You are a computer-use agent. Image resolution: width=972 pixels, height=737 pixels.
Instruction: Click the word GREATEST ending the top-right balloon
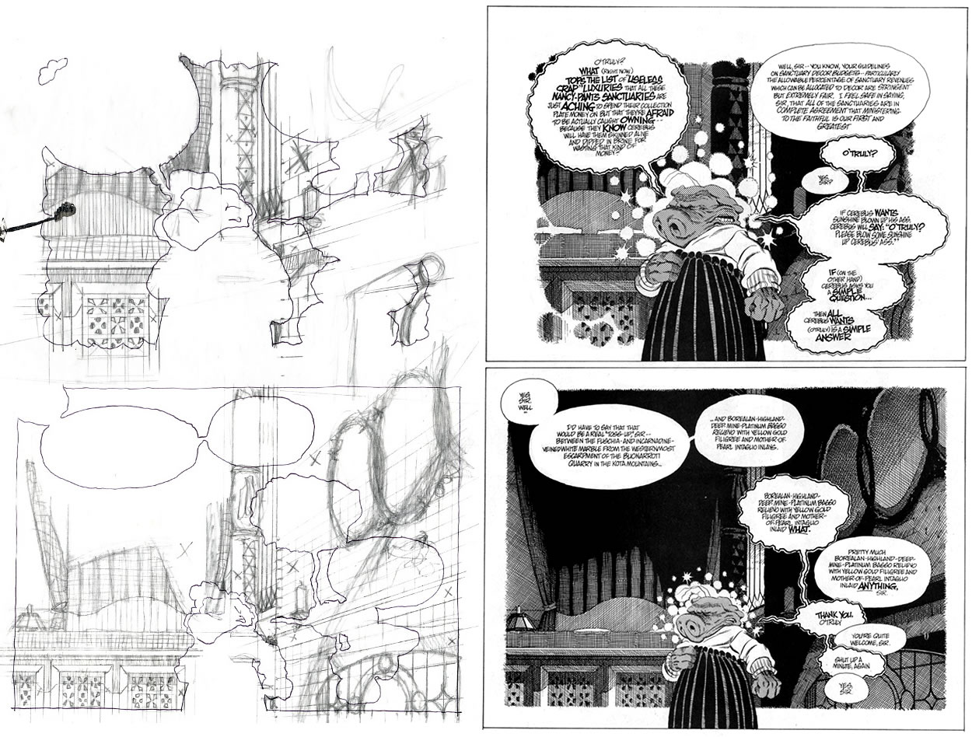845,118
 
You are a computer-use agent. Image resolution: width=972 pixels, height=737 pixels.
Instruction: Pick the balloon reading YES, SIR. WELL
524,404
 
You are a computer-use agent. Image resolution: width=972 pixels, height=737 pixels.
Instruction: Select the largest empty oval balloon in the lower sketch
124,449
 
